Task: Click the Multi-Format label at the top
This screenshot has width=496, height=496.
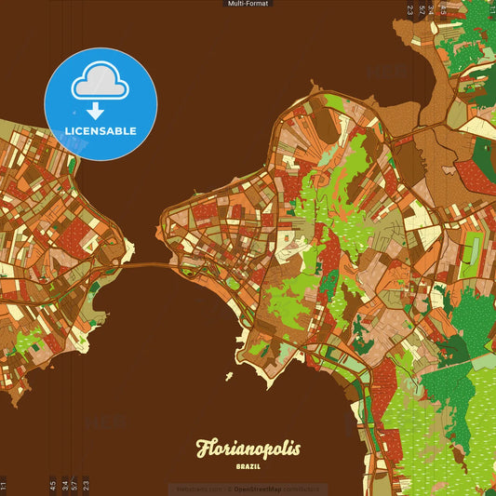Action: (248, 4)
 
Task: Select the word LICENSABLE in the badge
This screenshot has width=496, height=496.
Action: (101, 131)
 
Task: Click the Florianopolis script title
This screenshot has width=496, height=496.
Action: (248, 449)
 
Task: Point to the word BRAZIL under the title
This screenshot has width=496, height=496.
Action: (248, 465)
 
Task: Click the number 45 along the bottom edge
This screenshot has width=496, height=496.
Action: (53, 485)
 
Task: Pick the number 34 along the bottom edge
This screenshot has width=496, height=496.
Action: (64, 485)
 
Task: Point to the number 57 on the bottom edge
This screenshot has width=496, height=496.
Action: (74, 485)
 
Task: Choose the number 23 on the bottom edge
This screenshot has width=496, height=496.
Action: (86, 485)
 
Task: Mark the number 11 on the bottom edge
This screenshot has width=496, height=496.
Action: (4, 485)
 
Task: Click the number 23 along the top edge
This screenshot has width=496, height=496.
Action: (409, 10)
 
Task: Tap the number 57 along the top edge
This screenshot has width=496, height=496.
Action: (421, 10)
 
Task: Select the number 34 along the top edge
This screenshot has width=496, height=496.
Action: (431, 10)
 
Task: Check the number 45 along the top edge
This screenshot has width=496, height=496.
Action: (442, 10)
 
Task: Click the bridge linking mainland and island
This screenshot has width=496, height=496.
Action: (149, 265)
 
